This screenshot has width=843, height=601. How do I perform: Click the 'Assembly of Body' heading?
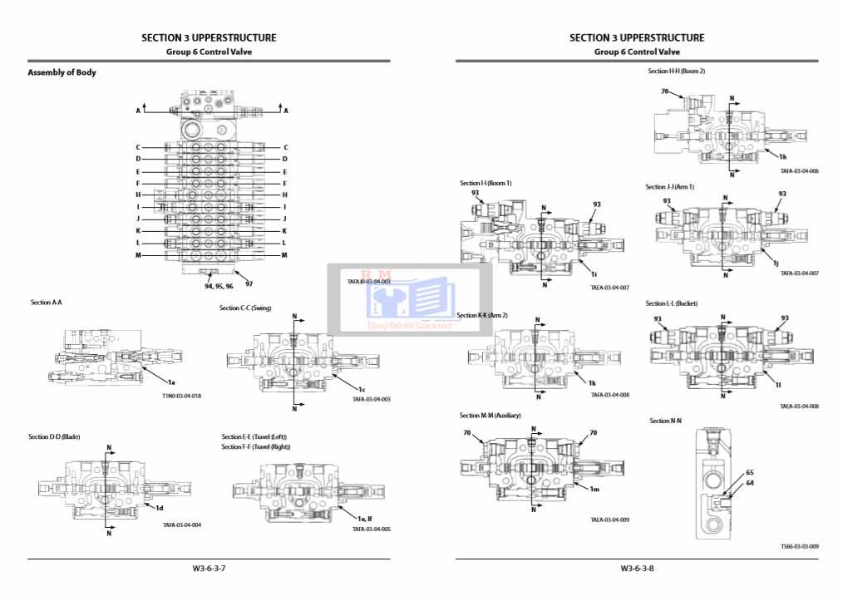point(62,72)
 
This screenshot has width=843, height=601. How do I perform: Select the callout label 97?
point(249,284)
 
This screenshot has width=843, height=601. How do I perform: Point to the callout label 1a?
point(171,381)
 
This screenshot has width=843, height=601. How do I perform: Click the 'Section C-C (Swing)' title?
point(245,308)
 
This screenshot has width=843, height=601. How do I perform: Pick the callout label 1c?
point(362,389)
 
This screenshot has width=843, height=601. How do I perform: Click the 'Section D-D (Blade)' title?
point(54,437)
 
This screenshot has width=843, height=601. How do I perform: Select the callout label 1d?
point(159,507)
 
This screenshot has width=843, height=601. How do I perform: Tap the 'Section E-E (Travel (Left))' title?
point(254,437)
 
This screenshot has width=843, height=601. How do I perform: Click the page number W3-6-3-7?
point(209,569)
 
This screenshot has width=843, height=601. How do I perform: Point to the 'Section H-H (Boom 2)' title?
point(677,71)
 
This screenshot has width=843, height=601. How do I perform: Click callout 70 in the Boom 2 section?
point(665,91)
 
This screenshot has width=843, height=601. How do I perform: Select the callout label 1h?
point(783,155)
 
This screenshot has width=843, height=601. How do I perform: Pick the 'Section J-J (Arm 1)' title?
point(669,187)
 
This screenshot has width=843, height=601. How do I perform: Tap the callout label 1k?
point(592,383)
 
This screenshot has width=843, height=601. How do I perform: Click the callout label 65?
point(750,472)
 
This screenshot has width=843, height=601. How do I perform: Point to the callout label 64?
point(750,482)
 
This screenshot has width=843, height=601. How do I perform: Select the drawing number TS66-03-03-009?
point(800,546)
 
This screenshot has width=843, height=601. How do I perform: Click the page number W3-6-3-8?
point(637,569)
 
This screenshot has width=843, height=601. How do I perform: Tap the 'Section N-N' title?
point(665,421)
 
